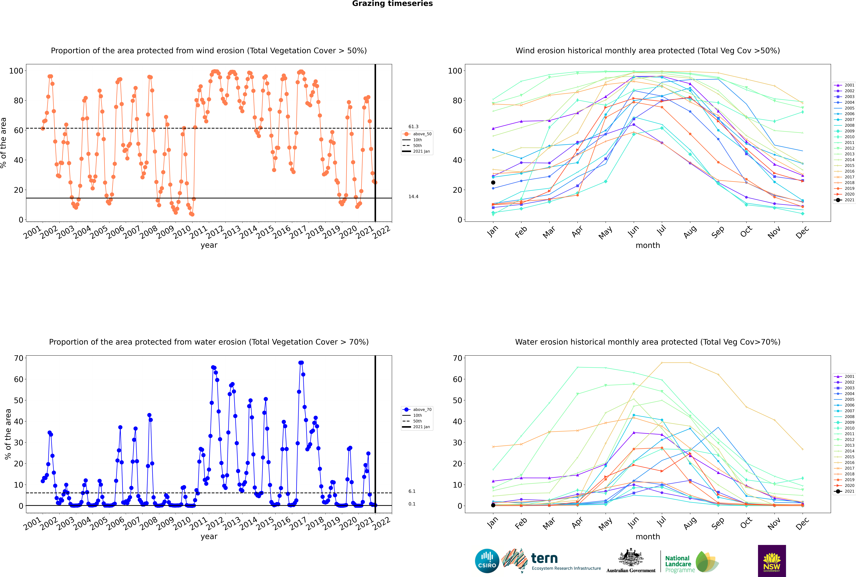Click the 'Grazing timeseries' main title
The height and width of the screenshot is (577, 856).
point(392,4)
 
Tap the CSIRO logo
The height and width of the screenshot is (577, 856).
point(487,561)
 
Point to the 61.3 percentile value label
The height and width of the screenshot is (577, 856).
point(413,127)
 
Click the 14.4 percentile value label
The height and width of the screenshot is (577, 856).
point(413,197)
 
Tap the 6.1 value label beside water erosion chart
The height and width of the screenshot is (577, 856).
point(412,491)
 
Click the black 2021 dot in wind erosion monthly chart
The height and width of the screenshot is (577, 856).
point(493,183)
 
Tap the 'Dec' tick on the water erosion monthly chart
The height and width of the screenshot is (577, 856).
point(802,523)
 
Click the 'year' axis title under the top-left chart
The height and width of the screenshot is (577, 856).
point(209,245)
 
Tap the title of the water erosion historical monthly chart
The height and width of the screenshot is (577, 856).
point(648,342)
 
